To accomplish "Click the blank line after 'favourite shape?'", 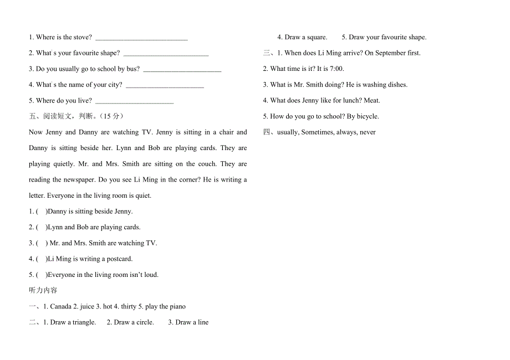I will [166, 54].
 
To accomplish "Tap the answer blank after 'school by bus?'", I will [182, 70].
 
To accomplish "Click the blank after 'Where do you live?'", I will [134, 101].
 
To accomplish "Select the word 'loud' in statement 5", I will [151, 275].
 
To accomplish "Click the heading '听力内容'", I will [43, 290].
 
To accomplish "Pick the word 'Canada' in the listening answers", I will [61, 307].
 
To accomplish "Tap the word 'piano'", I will [177, 307].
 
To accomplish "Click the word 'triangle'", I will [84, 322].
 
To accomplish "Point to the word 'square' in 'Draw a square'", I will [317, 38].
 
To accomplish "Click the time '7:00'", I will [336, 69].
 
